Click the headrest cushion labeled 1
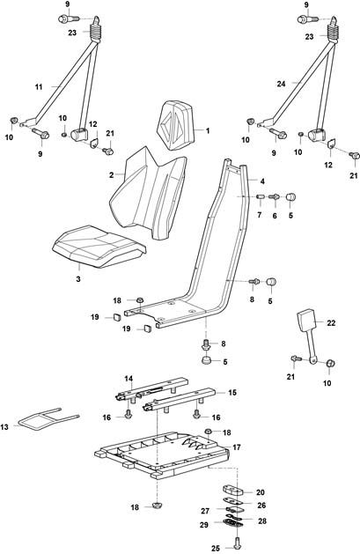pyautogui.click(x=178, y=125)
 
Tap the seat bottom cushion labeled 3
pyautogui.click(x=99, y=246)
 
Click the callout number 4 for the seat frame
pyautogui.click(x=262, y=181)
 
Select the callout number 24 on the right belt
pyautogui.click(x=281, y=84)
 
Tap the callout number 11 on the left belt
pyautogui.click(x=39, y=86)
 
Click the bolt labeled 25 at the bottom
pyautogui.click(x=237, y=541)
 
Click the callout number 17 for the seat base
pyautogui.click(x=237, y=447)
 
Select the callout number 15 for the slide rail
pyautogui.click(x=232, y=393)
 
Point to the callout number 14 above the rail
pyautogui.click(x=129, y=379)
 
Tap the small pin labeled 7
pyautogui.click(x=260, y=196)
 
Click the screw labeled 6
pyautogui.click(x=275, y=196)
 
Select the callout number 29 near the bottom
pyautogui.click(x=204, y=525)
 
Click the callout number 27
pyautogui.click(x=205, y=511)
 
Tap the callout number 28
pyautogui.click(x=262, y=521)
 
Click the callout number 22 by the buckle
pyautogui.click(x=331, y=323)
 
